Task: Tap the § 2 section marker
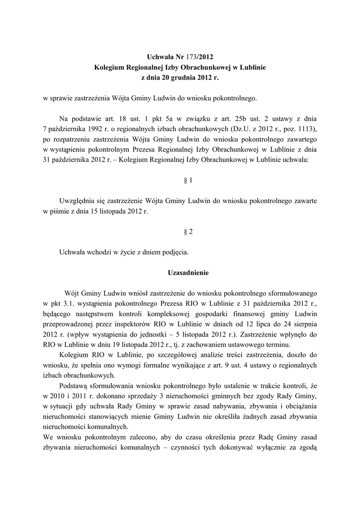click(188, 232)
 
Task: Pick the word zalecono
click(134, 436)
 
